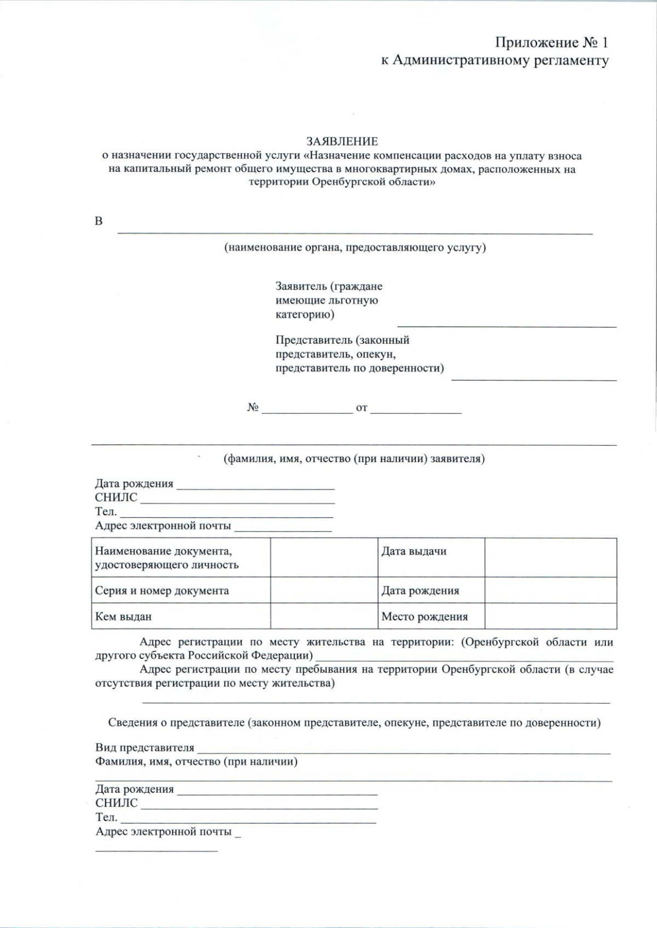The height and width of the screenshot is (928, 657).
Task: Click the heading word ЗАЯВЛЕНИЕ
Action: [x=342, y=142]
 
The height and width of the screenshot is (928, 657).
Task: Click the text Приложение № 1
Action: [x=551, y=42]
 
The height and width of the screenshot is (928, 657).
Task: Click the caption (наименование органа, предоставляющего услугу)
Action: [x=355, y=247]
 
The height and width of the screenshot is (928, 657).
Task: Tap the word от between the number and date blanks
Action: [x=361, y=408]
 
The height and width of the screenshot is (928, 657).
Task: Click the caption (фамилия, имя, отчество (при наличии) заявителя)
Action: [x=354, y=459]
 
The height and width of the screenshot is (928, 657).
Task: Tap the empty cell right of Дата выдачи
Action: [x=550, y=557]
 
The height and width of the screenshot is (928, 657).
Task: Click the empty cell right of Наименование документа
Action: [x=324, y=557]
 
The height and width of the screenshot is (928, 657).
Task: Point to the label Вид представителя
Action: [x=145, y=748]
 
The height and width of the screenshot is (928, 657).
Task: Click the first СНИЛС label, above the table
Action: [x=116, y=498]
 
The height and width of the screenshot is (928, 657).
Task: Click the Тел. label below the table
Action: [x=106, y=817]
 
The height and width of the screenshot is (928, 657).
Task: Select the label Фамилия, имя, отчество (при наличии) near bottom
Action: [x=196, y=762]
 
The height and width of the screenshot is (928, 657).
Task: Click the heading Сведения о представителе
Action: [x=354, y=723]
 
